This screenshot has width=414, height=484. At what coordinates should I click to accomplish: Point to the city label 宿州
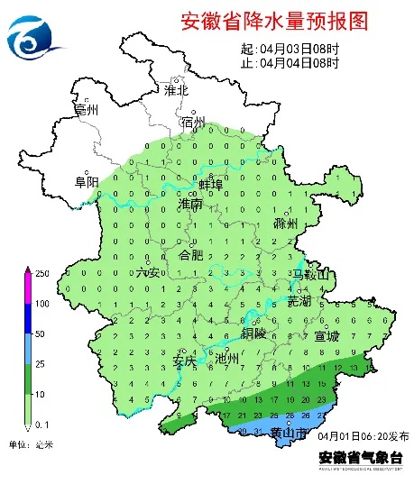(193, 122)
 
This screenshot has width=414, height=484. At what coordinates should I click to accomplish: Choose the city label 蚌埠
(210, 185)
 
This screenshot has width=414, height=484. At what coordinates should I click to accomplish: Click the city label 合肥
(192, 255)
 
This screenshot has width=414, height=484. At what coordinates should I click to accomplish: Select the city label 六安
(147, 272)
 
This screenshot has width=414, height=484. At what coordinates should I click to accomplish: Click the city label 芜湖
(299, 299)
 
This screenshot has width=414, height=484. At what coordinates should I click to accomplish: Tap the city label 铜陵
(253, 333)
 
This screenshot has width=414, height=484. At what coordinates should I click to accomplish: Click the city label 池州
(228, 358)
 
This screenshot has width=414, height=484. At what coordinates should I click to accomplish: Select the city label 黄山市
(289, 434)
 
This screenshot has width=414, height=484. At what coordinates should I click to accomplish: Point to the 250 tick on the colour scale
(42, 272)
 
